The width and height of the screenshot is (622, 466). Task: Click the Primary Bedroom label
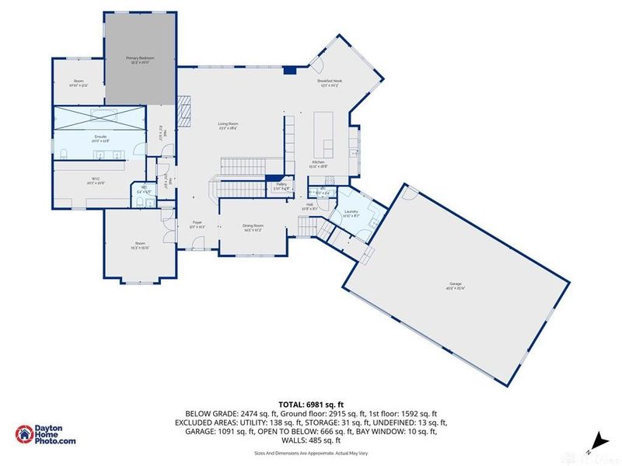(140, 58)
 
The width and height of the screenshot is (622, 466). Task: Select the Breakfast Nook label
(330, 82)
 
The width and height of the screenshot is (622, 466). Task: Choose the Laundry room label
(351, 211)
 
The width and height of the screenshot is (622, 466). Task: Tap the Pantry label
(282, 185)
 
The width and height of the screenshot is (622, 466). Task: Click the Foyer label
(197, 224)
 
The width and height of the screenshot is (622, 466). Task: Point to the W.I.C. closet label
(96, 180)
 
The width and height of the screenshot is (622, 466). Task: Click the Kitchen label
(318, 162)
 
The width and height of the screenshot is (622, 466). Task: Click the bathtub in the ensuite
(99, 117)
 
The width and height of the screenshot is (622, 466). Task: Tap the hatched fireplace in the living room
(183, 110)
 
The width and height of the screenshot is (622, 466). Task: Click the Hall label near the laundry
(309, 205)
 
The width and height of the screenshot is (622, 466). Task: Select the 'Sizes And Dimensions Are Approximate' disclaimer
(311, 451)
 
